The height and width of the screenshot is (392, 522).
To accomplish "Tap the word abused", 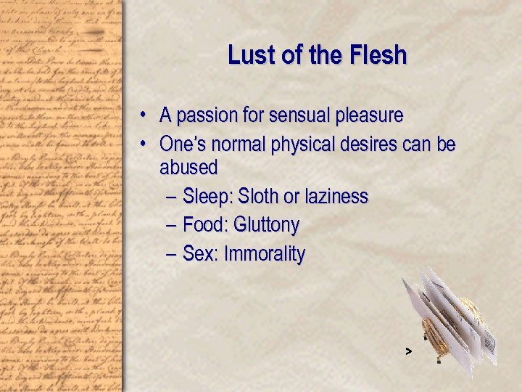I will point(188,168).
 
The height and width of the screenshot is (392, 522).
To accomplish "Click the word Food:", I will point(205,226).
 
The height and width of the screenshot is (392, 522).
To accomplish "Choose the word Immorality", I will point(265,255).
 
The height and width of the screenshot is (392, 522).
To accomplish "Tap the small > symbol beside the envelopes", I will point(409,351).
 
